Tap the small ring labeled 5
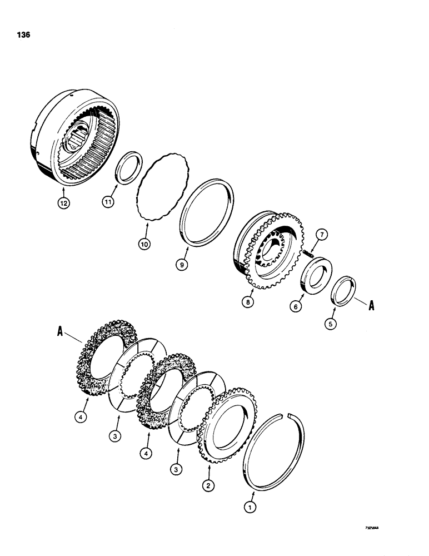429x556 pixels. pyautogui.click(x=343, y=289)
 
